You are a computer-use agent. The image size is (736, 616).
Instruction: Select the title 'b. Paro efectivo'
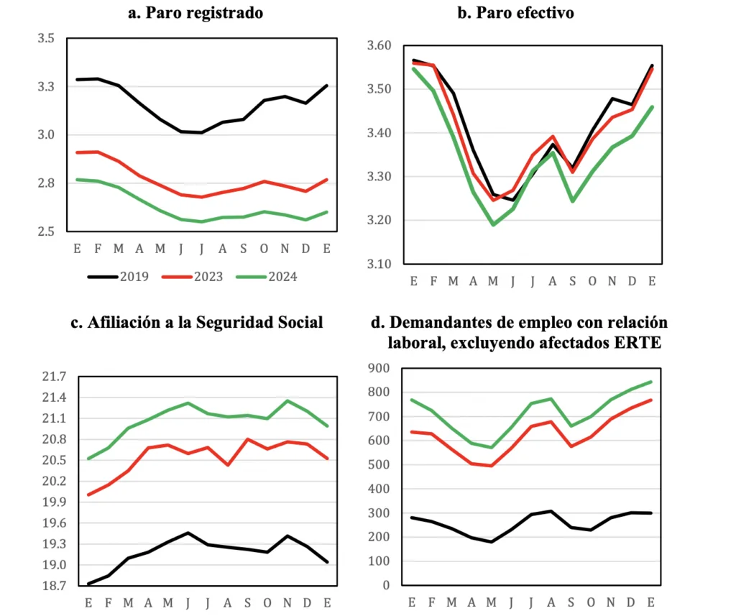515,13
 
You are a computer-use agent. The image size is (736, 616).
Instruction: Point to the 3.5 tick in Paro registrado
46,38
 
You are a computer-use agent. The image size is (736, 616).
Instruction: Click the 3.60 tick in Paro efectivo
378,46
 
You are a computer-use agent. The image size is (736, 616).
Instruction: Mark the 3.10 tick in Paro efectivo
378,264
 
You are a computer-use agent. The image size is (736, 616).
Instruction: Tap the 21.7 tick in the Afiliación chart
54,377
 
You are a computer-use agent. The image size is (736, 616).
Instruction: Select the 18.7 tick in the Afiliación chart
54,587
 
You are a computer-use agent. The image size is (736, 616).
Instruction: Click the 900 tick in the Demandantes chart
379,369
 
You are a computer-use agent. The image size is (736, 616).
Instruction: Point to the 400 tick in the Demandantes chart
379,489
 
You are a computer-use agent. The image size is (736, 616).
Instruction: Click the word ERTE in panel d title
637,343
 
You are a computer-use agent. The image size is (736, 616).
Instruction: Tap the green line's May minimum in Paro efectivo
492,225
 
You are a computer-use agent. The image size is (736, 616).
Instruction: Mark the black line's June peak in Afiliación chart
188,533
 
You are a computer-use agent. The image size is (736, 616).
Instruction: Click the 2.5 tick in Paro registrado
46,231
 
